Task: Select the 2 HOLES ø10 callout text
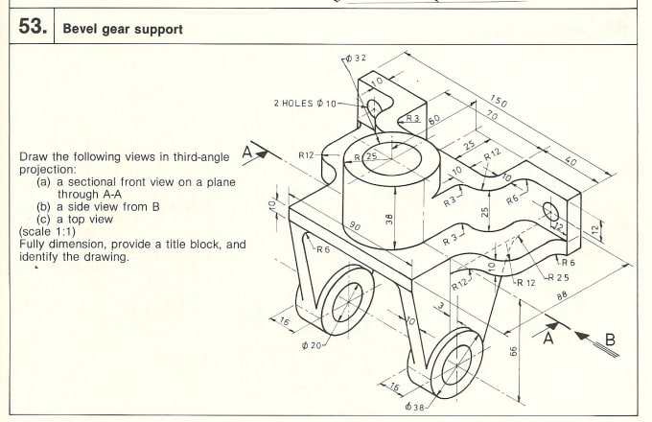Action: (305, 104)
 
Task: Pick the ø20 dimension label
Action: (310, 344)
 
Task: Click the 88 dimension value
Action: (563, 296)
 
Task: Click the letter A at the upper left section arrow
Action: (246, 152)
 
